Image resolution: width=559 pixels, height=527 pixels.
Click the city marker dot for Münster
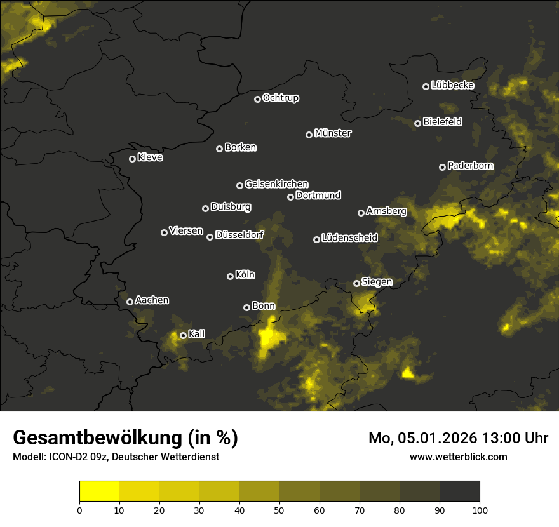309,135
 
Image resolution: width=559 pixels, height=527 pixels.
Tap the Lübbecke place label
452,85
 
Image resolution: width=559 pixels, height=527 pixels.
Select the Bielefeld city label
442,122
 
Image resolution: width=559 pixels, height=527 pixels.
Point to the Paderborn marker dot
443,167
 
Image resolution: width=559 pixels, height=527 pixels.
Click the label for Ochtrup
280,98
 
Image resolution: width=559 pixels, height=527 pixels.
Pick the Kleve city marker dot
133,159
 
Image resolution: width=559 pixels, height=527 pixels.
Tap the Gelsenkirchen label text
276,184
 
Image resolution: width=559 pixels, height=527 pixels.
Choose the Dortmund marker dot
291,197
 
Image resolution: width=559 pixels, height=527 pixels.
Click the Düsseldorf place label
239,235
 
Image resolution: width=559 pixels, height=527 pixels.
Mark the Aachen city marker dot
130,302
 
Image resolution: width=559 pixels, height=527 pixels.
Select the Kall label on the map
197,334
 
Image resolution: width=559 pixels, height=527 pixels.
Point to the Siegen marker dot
357,283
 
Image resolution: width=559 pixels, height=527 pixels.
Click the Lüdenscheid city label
349,238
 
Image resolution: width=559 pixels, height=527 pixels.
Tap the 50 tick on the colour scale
279,509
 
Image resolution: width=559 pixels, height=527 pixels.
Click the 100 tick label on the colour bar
480,509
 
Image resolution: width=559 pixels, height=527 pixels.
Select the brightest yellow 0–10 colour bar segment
100,491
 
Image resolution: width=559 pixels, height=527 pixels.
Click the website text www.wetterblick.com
458,457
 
